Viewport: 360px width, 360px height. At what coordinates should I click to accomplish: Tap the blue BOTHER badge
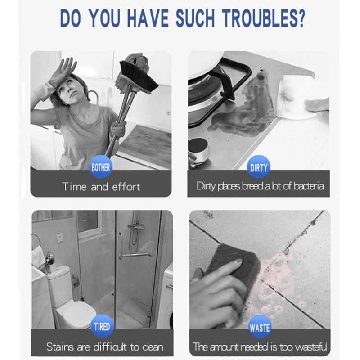[x=101, y=167]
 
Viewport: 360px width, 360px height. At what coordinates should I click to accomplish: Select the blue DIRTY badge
[x=259, y=167]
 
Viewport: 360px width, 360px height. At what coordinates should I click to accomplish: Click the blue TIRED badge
[x=102, y=326]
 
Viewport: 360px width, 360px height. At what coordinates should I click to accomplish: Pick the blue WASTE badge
[x=260, y=327]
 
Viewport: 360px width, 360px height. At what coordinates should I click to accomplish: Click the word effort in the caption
[x=126, y=187]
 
